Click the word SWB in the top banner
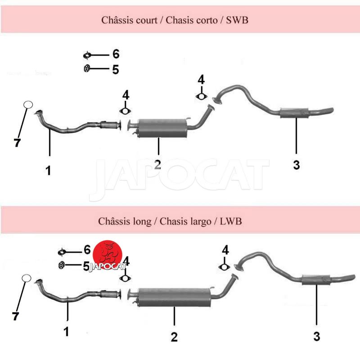(237, 20)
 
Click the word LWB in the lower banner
(231, 221)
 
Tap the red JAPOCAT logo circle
(108, 255)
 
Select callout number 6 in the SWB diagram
(116, 54)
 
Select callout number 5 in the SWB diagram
(116, 70)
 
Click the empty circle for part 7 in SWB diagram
(28, 105)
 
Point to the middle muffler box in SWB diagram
(162, 128)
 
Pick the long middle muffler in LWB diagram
(174, 297)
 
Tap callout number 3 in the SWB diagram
(297, 165)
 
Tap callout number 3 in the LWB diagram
(317, 336)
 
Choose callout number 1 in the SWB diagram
(48, 171)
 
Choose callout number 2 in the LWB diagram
(174, 337)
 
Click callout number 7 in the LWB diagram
(15, 316)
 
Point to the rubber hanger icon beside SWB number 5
(86, 69)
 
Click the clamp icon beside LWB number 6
(62, 252)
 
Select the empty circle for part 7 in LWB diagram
(27, 278)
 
